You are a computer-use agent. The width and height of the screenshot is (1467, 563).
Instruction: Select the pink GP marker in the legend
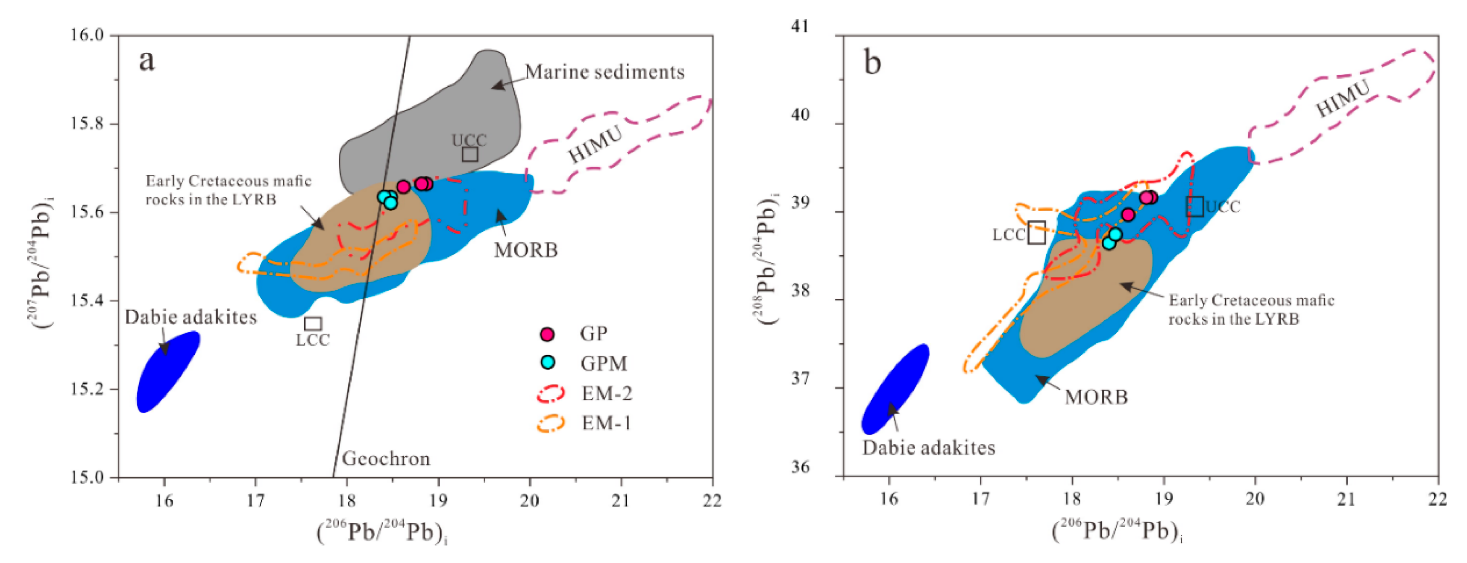[547, 334]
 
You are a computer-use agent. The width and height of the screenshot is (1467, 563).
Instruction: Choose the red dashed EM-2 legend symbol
[551, 394]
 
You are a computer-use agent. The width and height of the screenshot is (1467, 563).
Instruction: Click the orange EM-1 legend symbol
[551, 423]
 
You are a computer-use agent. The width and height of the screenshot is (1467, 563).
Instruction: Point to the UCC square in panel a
[470, 154]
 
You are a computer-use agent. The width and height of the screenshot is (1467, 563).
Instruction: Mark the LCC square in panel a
[313, 324]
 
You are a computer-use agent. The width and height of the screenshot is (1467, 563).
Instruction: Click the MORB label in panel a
[525, 250]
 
